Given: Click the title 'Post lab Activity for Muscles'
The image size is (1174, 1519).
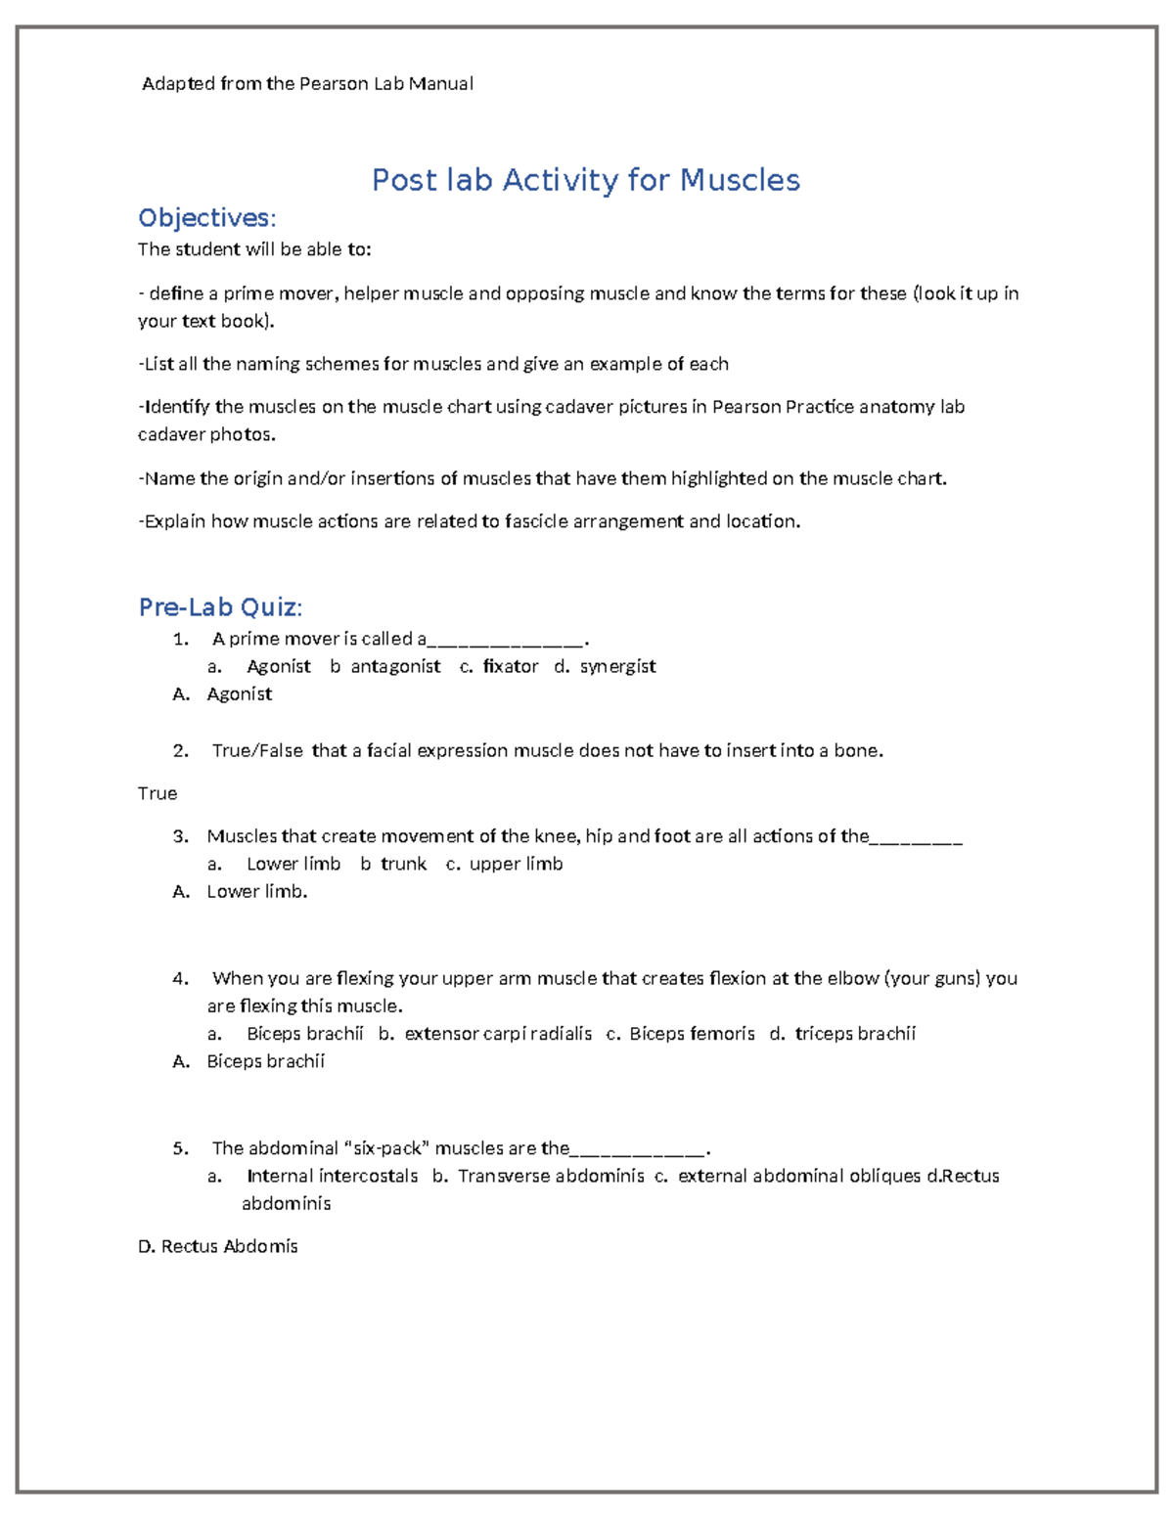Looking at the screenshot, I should click(585, 180).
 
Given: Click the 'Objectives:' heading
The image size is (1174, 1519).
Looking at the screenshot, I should click(207, 217).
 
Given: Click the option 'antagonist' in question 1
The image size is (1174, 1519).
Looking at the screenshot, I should click(395, 666).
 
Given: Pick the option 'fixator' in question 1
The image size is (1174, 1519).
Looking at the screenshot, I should click(510, 666).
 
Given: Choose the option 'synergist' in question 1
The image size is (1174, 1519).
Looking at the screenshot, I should click(617, 666).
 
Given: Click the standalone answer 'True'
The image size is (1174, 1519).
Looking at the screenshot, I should click(158, 793).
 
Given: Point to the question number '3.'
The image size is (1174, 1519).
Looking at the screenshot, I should click(180, 836).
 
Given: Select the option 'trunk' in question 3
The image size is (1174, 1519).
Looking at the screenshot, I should click(403, 864).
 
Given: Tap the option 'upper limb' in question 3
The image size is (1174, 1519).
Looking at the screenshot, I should click(516, 864).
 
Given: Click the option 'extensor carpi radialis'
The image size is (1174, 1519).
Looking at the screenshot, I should click(498, 1034).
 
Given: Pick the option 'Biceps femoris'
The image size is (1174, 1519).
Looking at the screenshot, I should click(692, 1034).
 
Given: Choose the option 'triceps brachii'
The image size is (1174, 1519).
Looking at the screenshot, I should click(855, 1034).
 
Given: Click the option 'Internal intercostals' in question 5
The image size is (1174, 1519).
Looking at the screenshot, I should click(332, 1176).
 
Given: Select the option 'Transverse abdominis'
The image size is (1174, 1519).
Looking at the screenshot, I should click(551, 1176).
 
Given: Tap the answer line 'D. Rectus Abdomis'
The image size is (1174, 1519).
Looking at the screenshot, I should click(218, 1246).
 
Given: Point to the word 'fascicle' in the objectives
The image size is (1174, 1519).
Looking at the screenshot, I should click(536, 521).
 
